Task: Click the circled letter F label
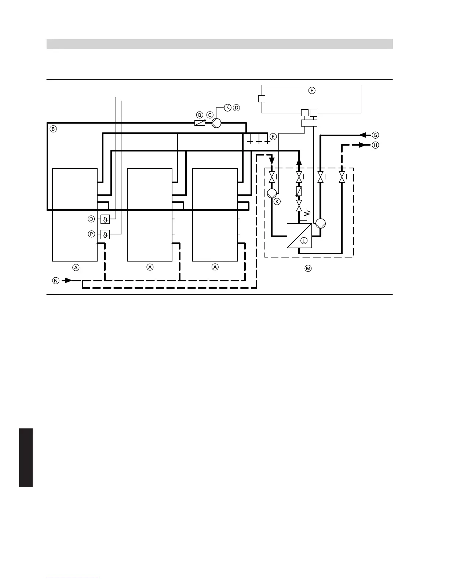click(311, 90)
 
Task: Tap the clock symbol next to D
click(228, 107)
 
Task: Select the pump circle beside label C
click(216, 123)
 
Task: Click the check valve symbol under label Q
click(200, 123)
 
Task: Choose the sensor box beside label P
click(105, 234)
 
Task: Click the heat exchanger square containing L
click(299, 235)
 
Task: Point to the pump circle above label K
click(272, 193)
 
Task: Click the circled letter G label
click(375, 135)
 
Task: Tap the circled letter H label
click(375, 145)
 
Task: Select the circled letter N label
click(56, 281)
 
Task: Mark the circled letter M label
click(308, 268)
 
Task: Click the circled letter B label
click(53, 129)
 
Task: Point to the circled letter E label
click(273, 136)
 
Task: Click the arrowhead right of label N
click(68, 281)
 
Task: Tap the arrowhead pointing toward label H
click(363, 145)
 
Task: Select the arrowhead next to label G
click(363, 135)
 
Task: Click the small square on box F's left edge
click(262, 99)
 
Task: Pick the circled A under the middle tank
click(150, 267)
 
